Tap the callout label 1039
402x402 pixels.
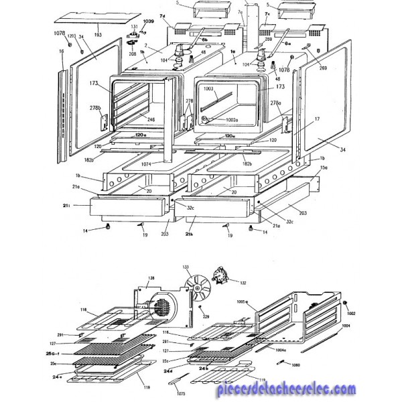pyautogui.click(x=149, y=22)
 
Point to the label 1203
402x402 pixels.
pyautogui.click(x=71, y=36)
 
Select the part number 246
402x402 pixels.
pyautogui.click(x=151, y=119)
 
